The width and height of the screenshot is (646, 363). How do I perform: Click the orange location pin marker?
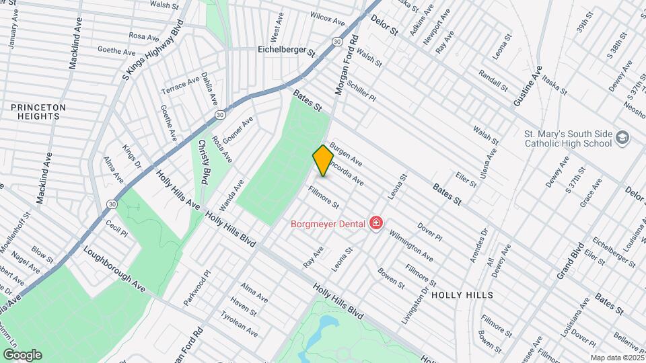coord(323,160)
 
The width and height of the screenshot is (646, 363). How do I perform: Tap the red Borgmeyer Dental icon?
coord(375,223)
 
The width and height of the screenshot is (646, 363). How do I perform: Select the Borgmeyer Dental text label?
coord(328,223)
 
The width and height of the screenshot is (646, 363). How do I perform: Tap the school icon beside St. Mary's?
coord(622,138)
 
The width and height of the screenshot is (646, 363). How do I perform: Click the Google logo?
coord(22,354)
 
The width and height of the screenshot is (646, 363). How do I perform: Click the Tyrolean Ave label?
coord(240,327)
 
